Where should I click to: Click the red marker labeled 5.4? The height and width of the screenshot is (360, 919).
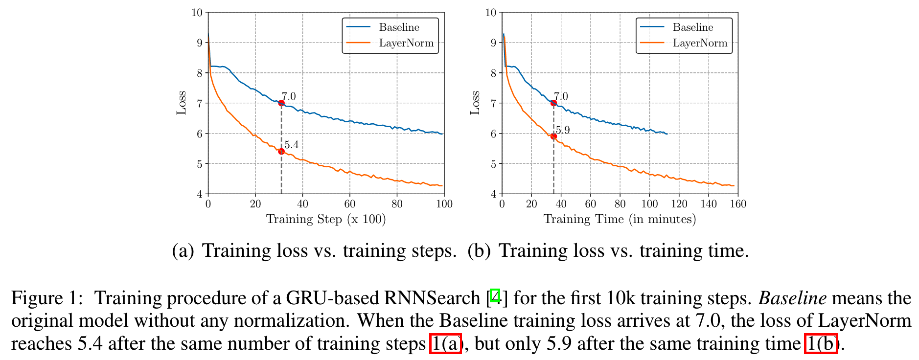[x=281, y=152]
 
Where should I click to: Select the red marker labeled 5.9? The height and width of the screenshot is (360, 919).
[x=553, y=136]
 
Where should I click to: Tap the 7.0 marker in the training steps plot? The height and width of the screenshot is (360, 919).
[x=281, y=103]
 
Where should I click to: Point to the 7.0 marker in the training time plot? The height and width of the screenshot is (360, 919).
[x=553, y=103]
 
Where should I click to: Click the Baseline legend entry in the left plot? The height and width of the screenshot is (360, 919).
[x=399, y=27]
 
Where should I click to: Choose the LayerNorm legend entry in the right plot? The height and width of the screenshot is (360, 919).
[x=700, y=43]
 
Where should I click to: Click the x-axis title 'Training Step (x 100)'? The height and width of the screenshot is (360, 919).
[x=326, y=219]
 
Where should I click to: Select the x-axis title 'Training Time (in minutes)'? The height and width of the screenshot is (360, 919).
[x=620, y=219]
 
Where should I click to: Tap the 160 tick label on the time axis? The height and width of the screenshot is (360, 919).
[x=737, y=204]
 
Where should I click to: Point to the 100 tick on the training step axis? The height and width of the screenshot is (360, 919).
[x=444, y=204]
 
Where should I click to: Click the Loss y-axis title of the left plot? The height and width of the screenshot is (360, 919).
[x=182, y=103]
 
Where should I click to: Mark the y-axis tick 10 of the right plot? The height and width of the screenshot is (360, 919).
[x=490, y=13]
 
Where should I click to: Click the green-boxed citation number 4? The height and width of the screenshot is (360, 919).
[x=495, y=296]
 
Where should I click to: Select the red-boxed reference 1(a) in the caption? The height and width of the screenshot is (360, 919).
[x=445, y=343]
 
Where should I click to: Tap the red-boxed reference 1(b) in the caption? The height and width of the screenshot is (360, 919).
[x=821, y=343]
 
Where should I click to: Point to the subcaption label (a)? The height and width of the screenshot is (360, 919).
[x=183, y=251]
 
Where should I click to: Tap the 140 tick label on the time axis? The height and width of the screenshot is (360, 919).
[x=708, y=204]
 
